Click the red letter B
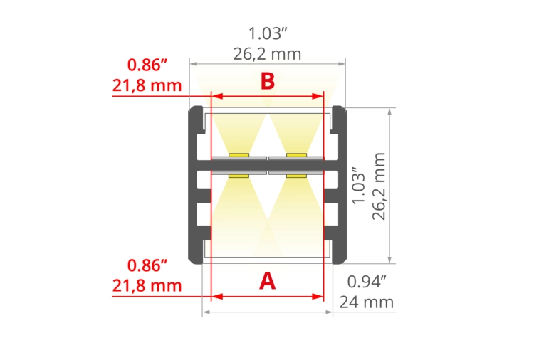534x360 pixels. (x=267, y=81)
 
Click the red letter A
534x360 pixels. (x=267, y=281)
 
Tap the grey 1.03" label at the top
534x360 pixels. (x=268, y=33)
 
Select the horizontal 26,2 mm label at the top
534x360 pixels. (x=268, y=53)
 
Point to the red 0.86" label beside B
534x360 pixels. (x=147, y=65)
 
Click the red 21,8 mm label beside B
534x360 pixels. (x=147, y=86)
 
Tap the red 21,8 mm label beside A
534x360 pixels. (x=147, y=286)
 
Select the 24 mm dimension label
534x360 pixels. (x=366, y=302)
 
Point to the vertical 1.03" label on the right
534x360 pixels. (x=360, y=186)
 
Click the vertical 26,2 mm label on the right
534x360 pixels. (x=379, y=186)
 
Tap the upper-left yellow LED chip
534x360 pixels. (x=239, y=154)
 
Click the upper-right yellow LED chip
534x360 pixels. (x=296, y=154)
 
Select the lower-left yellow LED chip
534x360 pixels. (x=239, y=174)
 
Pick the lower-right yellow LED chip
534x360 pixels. (x=296, y=174)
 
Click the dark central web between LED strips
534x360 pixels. (x=268, y=164)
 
